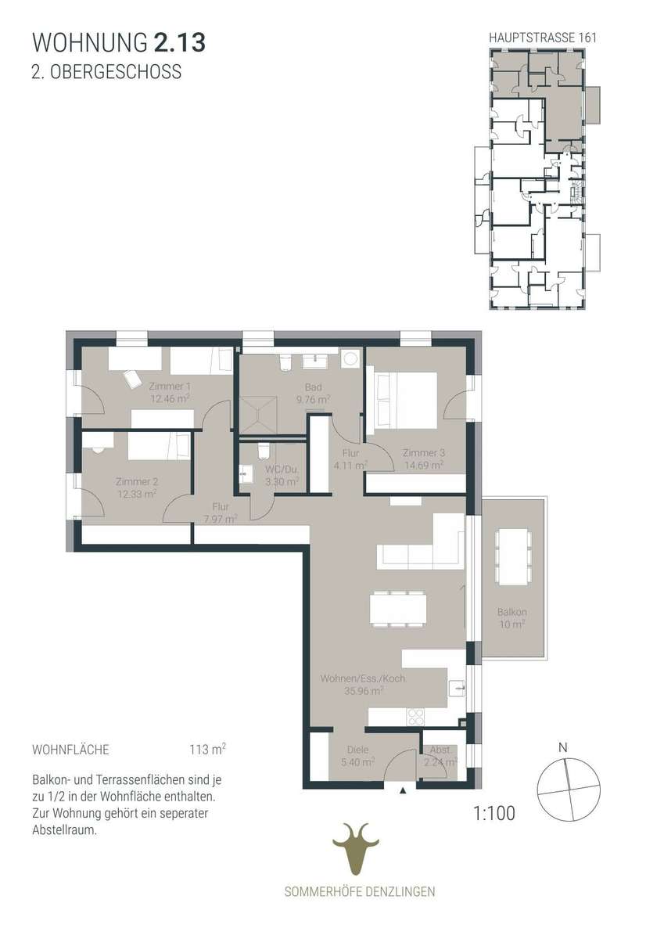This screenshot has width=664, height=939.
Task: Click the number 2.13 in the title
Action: [x=180, y=43]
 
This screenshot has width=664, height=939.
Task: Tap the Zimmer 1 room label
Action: [x=170, y=386]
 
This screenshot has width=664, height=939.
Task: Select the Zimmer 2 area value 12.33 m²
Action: [x=137, y=495]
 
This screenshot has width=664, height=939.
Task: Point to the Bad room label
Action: [x=314, y=387]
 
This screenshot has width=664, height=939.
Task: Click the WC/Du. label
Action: [x=282, y=469]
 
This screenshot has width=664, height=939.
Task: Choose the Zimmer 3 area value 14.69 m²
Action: [x=424, y=465]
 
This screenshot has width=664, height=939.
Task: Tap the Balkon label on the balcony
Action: [x=512, y=612]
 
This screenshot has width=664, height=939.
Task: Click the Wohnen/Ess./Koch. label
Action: [x=363, y=678]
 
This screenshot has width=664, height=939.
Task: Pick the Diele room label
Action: [x=357, y=750]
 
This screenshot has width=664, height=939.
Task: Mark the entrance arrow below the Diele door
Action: [x=403, y=790]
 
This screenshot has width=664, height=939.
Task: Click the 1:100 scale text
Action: [x=494, y=813]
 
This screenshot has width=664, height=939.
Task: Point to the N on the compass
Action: [x=563, y=747]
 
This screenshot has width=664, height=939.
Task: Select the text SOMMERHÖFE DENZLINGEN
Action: [x=360, y=891]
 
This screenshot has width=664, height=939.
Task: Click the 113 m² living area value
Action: [x=208, y=749]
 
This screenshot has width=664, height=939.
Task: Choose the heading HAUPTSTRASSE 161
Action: [x=543, y=38]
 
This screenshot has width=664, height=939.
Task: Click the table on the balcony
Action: [x=514, y=557]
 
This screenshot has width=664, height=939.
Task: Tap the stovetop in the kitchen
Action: [x=416, y=717]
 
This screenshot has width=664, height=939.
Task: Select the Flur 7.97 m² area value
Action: [x=221, y=520]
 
